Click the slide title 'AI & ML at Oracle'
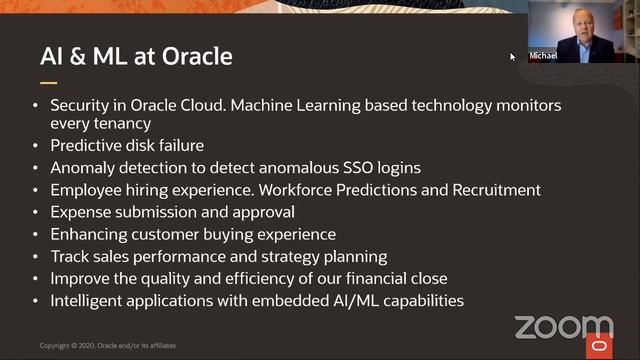pos(136,56)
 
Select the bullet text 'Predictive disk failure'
pos(127,146)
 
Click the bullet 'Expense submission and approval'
pos(159,212)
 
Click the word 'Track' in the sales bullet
pos(71,256)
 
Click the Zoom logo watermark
pos(563,326)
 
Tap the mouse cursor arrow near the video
pos(513,57)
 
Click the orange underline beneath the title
pos(48,83)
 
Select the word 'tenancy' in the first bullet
pos(125,124)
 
